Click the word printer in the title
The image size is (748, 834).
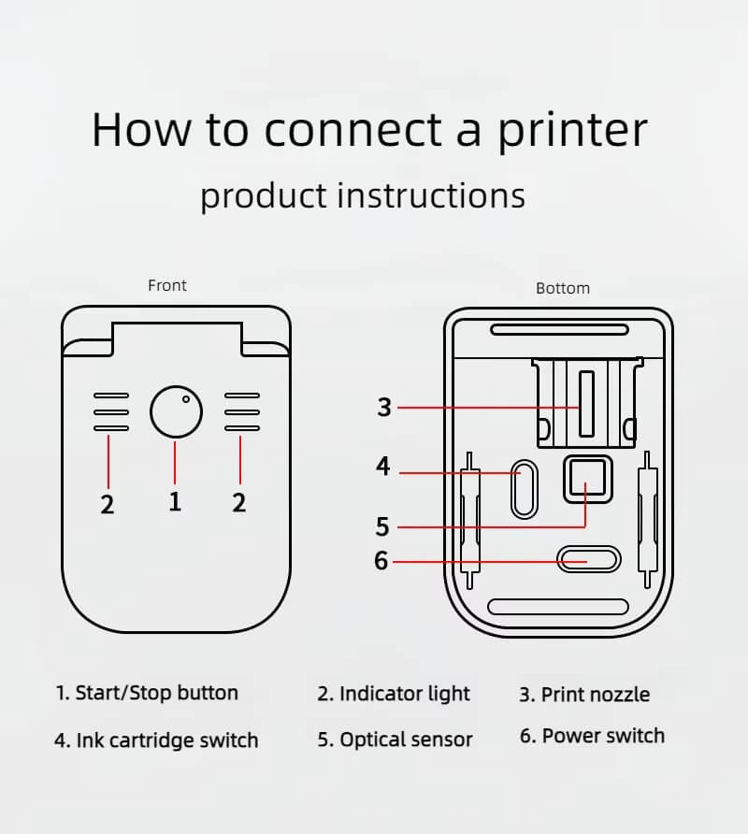click(x=571, y=131)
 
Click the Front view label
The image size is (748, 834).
click(x=167, y=285)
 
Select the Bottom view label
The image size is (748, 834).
click(x=563, y=288)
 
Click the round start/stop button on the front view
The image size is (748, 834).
click(x=176, y=411)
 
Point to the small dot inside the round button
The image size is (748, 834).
click(x=186, y=399)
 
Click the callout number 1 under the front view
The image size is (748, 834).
click(x=175, y=501)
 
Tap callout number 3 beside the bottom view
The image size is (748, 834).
click(x=384, y=408)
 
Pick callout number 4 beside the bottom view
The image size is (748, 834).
click(x=382, y=466)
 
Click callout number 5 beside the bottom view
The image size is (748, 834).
click(x=381, y=526)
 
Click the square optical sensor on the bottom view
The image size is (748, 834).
click(x=586, y=480)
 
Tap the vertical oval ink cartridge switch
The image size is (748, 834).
click(x=523, y=487)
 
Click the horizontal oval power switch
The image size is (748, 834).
click(x=588, y=559)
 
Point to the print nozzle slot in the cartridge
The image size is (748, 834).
click(x=586, y=404)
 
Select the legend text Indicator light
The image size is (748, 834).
click(x=404, y=694)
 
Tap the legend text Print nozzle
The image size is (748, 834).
click(x=595, y=695)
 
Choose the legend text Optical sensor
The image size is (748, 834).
click(x=406, y=740)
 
